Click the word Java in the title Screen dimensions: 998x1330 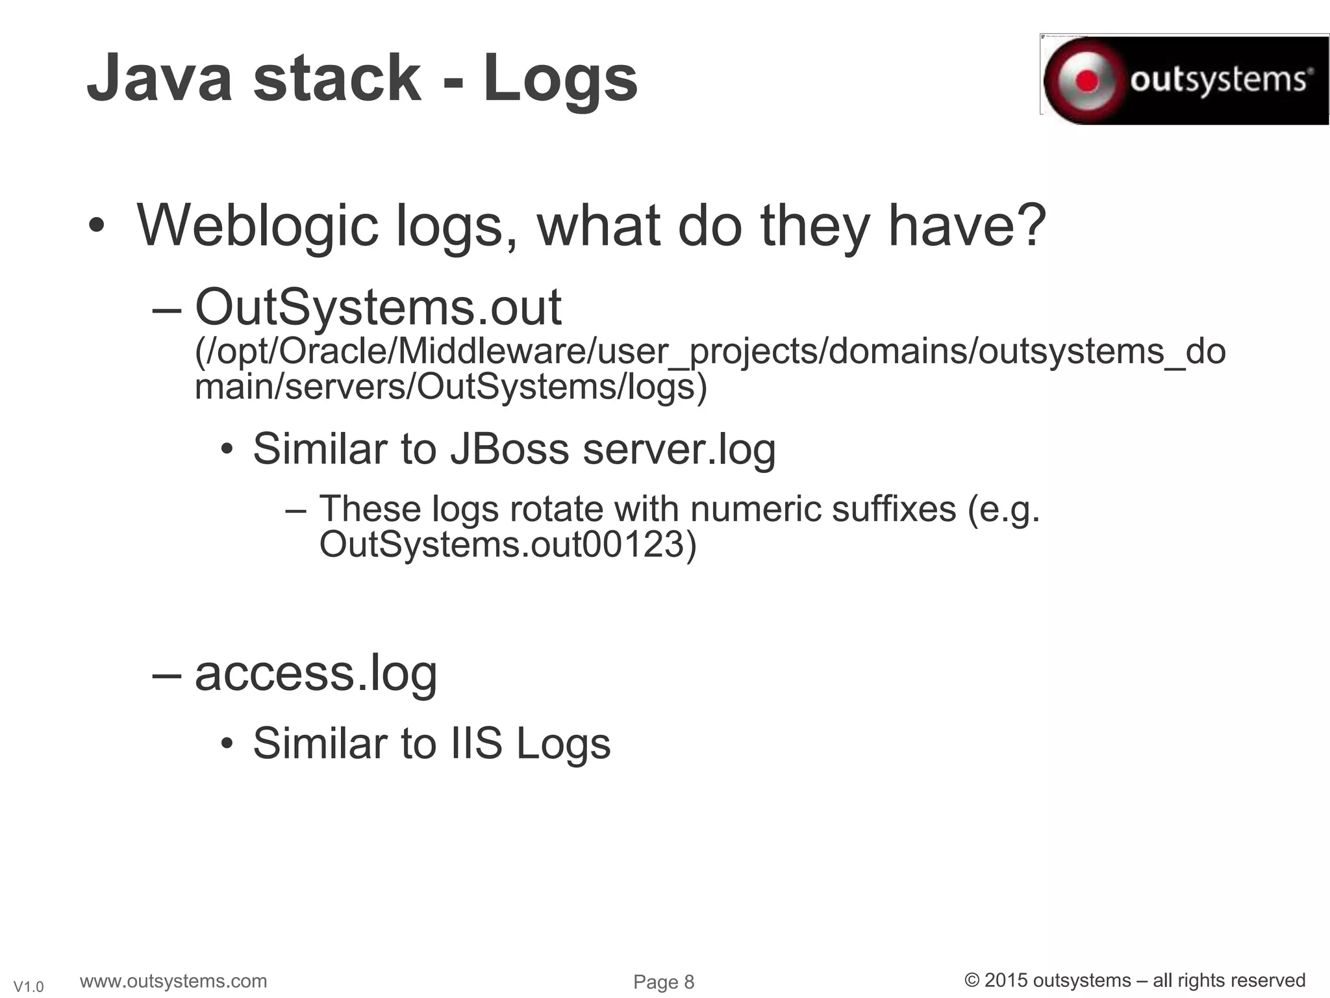pyautogui.click(x=159, y=79)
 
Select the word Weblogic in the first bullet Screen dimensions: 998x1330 pyautogui.click(x=257, y=225)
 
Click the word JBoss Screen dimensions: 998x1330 pyautogui.click(x=510, y=449)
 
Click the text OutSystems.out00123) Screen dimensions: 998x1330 pyautogui.click(x=507, y=544)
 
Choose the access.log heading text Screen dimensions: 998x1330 pyautogui.click(x=316, y=674)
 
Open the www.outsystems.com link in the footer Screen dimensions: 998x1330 pyautogui.click(x=173, y=980)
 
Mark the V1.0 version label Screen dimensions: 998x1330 pyautogui.click(x=29, y=987)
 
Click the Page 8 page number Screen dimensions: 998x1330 pyautogui.click(x=664, y=982)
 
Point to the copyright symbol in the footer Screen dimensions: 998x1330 pyautogui.click(x=972, y=980)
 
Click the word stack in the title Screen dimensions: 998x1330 pyautogui.click(x=337, y=79)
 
